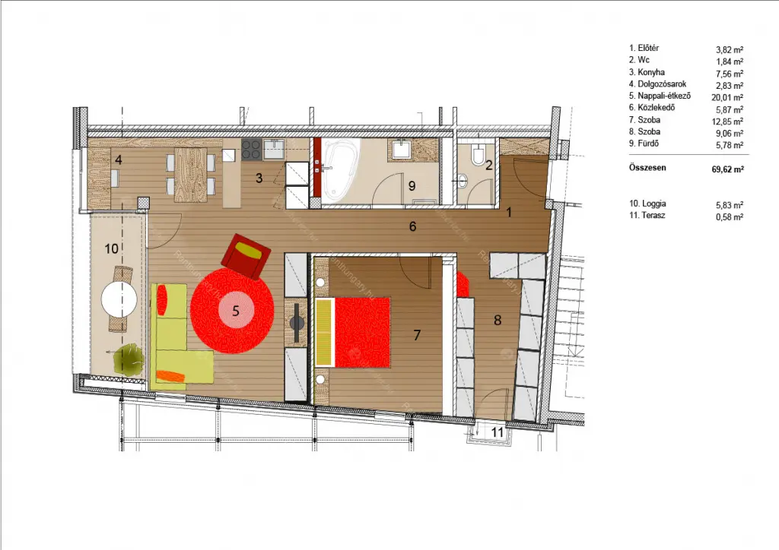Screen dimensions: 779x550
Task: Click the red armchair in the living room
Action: click(x=246, y=257)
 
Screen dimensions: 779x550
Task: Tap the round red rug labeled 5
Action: click(x=232, y=311)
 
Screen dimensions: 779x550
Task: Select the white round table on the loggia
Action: click(x=119, y=299)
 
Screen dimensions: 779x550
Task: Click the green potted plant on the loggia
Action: click(x=129, y=359)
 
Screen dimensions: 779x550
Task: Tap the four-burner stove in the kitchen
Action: click(x=251, y=149)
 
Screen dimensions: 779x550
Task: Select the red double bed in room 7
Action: click(x=353, y=332)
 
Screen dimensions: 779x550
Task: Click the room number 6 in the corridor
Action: click(x=413, y=226)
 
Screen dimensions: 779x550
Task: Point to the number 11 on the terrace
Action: click(x=498, y=432)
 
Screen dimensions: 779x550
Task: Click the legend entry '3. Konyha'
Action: click(x=647, y=72)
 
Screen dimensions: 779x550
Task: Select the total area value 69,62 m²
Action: click(x=728, y=169)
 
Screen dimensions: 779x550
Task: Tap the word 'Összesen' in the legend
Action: click(x=647, y=168)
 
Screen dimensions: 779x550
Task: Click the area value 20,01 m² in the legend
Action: click(x=727, y=98)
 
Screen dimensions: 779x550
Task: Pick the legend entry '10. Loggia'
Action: click(x=647, y=204)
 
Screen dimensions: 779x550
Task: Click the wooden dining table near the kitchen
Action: click(x=191, y=175)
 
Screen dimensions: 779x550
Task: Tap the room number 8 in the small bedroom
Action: click(x=498, y=321)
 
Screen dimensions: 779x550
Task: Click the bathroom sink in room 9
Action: click(x=399, y=149)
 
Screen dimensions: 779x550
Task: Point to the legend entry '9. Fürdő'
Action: click(x=644, y=144)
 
